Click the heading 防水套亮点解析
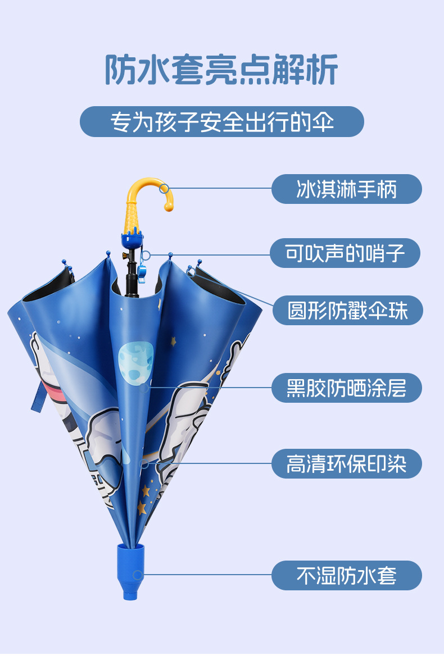pyautogui.click(x=221, y=70)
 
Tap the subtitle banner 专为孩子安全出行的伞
pyautogui.click(x=221, y=121)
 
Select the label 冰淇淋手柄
pyautogui.click(x=346, y=189)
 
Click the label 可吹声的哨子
pyautogui.click(x=345, y=253)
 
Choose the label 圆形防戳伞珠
pyautogui.click(x=347, y=310)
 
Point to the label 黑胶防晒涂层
pyautogui.click(x=346, y=388)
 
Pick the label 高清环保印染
pyautogui.click(x=346, y=464)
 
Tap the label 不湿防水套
pyautogui.click(x=346, y=575)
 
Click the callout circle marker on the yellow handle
pyautogui.click(x=164, y=189)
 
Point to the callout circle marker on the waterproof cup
pyautogui.click(x=137, y=575)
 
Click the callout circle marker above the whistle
pyautogui.click(x=146, y=255)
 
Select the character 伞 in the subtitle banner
pyautogui.click(x=325, y=121)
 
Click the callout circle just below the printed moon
pyautogui.click(x=144, y=387)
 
